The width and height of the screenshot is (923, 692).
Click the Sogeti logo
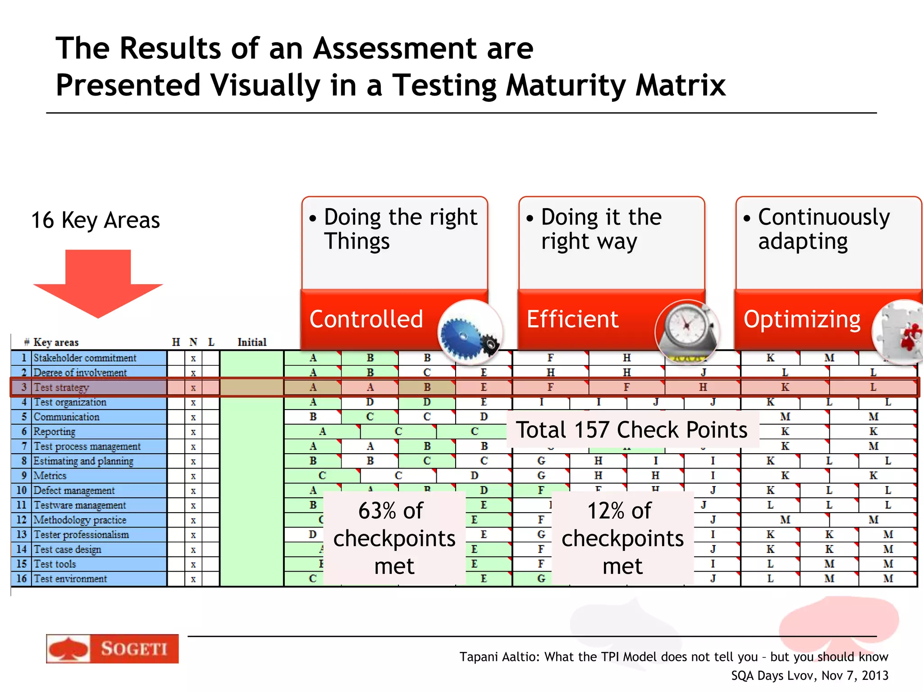(112, 649)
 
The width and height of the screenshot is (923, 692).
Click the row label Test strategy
(62, 387)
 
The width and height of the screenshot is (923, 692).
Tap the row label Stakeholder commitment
(85, 358)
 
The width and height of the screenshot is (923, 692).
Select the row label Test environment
(70, 578)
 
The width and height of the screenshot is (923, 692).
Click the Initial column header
(252, 342)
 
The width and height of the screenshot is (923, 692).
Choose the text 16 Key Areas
(96, 220)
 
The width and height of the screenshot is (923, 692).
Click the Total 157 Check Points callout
(631, 429)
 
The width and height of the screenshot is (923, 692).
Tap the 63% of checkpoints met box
(394, 538)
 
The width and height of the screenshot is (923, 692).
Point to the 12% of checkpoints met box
(622, 538)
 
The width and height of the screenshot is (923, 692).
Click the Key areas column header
(56, 342)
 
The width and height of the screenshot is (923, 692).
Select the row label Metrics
(50, 476)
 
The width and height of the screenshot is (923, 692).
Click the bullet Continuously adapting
(823, 229)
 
